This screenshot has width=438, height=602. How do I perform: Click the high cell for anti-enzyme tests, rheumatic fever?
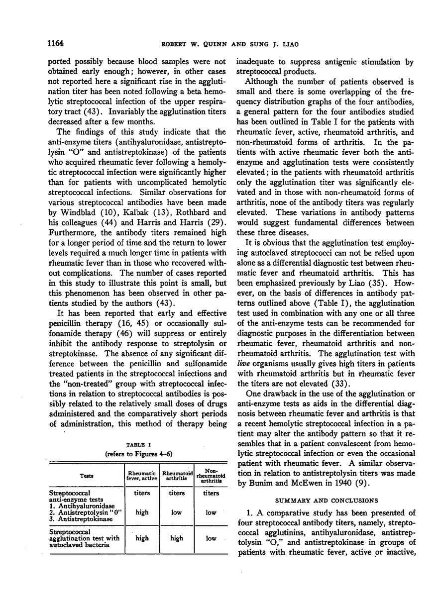[x=141, y=512]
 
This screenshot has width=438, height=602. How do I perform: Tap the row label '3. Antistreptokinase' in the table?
[x=79, y=518]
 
